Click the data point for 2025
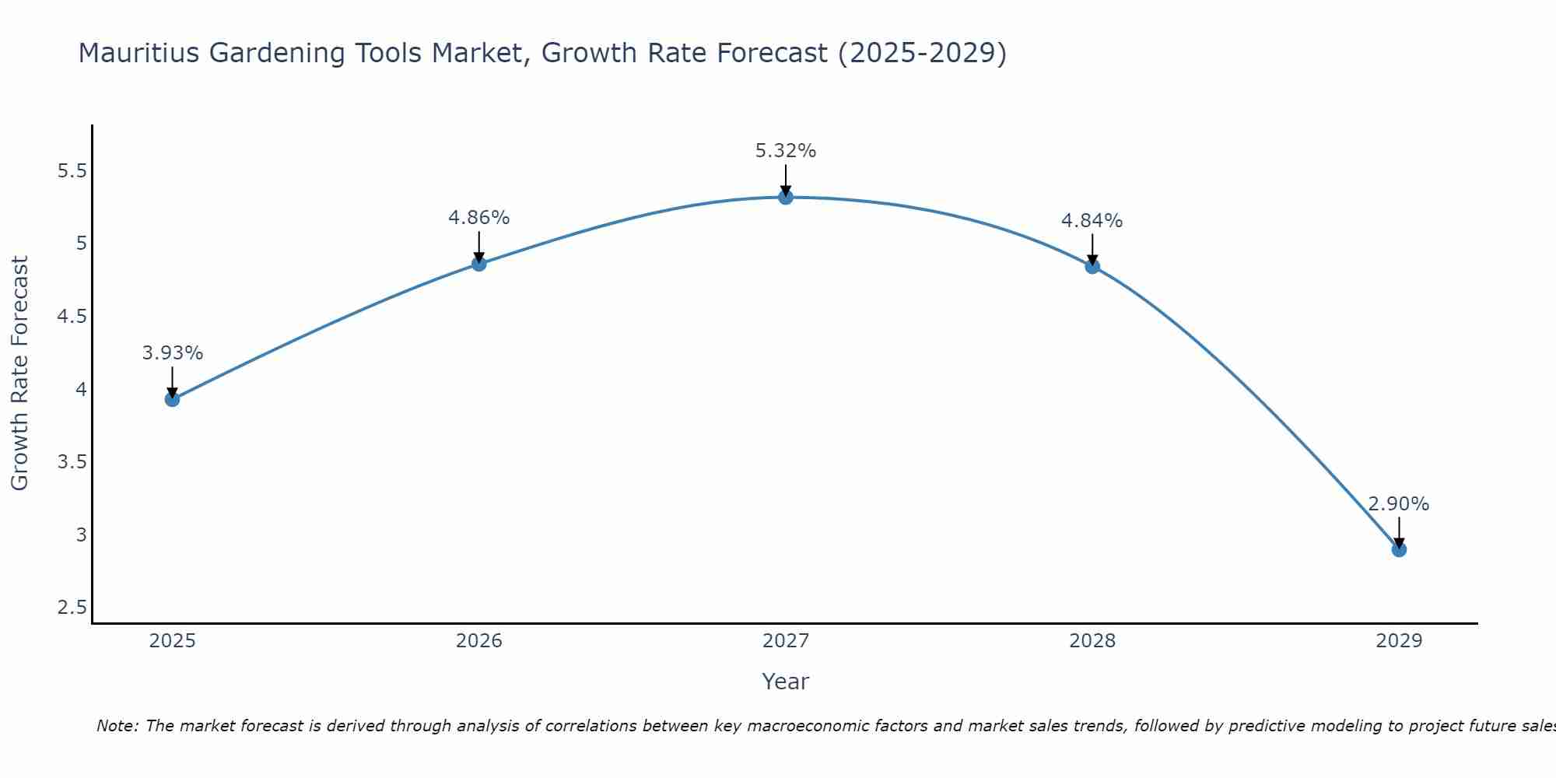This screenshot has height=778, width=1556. tap(172, 399)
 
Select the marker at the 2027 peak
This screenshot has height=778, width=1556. tap(786, 197)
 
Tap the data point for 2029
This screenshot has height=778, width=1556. tap(1399, 549)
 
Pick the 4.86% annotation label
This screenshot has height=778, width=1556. tap(478, 218)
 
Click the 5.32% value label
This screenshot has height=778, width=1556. tap(786, 151)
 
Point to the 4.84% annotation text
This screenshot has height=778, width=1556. tap(1092, 221)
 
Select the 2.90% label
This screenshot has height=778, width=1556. tap(1399, 504)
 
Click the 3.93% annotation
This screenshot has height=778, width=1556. tap(172, 353)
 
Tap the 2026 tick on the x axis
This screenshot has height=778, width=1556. tap(478, 641)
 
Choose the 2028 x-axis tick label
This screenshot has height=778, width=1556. tap(1092, 641)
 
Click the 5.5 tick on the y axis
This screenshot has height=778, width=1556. tap(72, 171)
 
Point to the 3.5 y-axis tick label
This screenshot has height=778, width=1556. tap(72, 462)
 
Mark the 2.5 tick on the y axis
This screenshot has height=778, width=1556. tap(72, 608)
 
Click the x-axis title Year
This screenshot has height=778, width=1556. tap(786, 682)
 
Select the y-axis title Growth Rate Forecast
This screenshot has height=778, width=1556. tap(20, 373)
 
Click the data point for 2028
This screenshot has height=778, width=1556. tap(1092, 266)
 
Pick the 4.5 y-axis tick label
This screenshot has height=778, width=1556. tap(72, 317)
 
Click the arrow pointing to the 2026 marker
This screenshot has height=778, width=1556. tap(478, 247)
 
